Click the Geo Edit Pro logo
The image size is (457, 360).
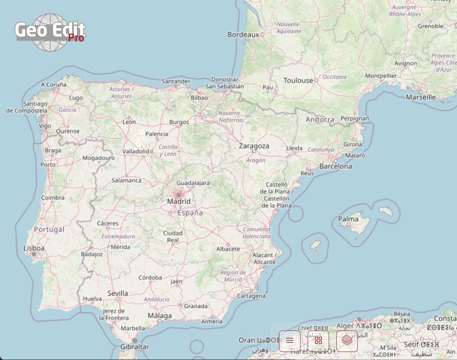(50, 32)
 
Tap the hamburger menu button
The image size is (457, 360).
(289, 341)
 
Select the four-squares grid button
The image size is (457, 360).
(318, 341)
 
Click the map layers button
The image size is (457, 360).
(347, 341)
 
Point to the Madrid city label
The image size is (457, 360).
(179, 202)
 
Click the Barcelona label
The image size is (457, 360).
(336, 166)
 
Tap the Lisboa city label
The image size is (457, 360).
(34, 248)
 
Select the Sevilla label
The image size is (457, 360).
(118, 293)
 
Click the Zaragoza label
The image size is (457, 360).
(254, 146)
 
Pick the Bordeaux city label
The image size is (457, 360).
(243, 35)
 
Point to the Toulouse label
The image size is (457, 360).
(298, 80)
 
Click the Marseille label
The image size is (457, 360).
(421, 97)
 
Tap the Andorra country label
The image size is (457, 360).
(320, 120)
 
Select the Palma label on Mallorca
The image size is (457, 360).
(348, 219)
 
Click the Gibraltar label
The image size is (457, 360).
(134, 347)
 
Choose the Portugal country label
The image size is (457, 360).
(49, 230)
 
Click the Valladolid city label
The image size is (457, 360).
(136, 151)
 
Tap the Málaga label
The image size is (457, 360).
(160, 316)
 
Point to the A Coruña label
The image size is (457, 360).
(54, 85)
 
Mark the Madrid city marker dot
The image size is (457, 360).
(178, 195)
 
